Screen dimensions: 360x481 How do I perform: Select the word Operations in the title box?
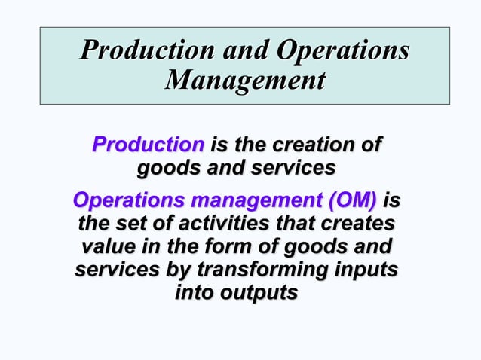(x=343, y=51)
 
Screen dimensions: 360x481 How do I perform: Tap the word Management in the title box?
(x=245, y=79)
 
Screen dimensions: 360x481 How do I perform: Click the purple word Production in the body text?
(x=148, y=144)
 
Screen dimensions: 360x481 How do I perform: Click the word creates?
(x=358, y=224)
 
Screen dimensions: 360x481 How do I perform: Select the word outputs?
(x=260, y=293)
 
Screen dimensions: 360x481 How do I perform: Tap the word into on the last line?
(x=195, y=293)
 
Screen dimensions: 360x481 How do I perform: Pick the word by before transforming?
(x=177, y=270)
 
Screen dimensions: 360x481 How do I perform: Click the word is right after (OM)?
(x=392, y=201)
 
